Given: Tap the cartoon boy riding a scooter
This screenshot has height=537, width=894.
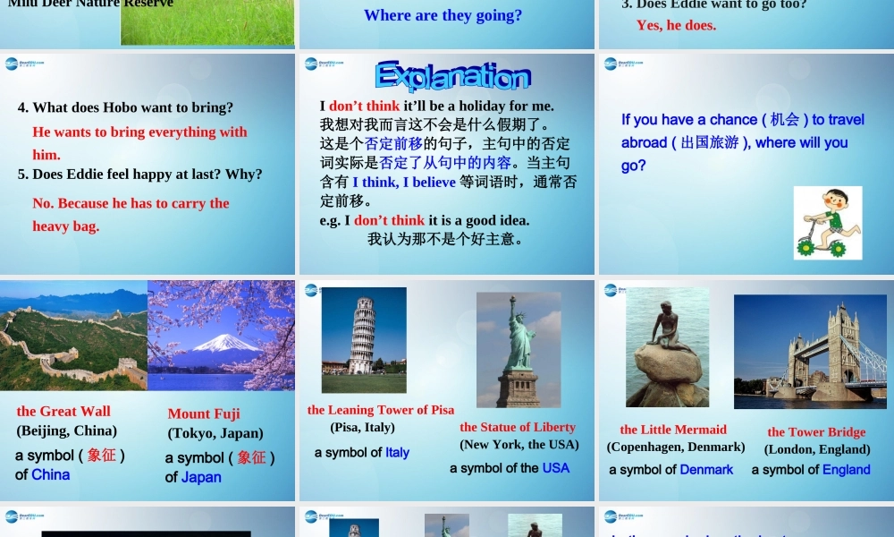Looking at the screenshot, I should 828,223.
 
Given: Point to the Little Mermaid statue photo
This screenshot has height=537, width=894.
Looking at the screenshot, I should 667,347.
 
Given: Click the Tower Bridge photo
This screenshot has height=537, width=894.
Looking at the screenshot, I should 810,351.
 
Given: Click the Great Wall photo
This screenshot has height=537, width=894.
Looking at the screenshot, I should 73,336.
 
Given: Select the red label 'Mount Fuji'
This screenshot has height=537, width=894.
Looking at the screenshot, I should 204,413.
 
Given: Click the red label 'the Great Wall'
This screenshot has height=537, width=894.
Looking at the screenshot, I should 63,411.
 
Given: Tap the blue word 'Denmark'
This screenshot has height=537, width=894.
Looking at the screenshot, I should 706,470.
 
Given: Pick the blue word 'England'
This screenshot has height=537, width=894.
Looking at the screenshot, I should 847,470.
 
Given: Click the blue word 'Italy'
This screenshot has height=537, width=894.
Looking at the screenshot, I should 398,453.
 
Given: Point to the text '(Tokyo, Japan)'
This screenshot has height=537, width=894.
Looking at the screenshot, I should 215,433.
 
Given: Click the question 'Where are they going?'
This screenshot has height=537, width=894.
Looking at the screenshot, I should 443,15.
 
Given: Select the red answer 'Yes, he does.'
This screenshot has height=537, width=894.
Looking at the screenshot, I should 676,25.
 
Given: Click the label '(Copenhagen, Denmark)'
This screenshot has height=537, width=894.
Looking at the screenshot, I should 676,447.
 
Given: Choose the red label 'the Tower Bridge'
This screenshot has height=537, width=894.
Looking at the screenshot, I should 816,432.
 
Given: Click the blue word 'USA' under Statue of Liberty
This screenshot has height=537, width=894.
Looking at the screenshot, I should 555,468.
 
